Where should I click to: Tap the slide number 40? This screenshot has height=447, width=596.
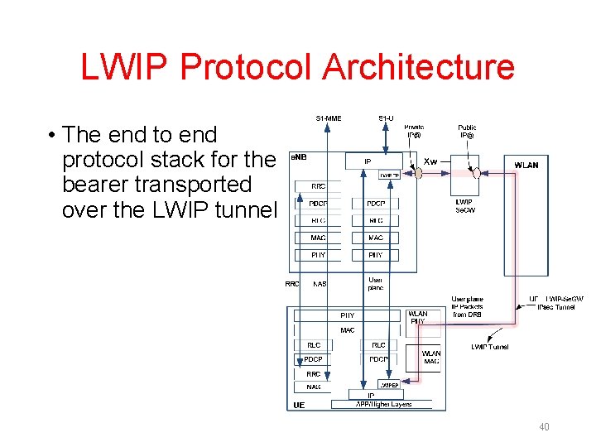(544, 427)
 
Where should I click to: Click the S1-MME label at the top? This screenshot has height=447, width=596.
(329, 118)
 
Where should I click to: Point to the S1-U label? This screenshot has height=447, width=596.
(386, 118)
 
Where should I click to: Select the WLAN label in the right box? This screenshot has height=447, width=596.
(526, 165)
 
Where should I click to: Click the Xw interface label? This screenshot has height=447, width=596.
(430, 161)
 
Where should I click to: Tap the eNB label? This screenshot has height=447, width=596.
(298, 156)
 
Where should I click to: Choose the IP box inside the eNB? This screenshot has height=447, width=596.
(368, 161)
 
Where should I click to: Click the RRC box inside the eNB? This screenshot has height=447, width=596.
(318, 186)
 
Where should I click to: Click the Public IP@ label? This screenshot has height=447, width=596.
(468, 131)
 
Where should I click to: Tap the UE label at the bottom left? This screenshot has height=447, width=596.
(299, 405)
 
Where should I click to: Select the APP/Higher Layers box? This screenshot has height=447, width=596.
(382, 405)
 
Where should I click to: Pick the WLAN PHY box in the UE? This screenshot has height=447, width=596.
(419, 318)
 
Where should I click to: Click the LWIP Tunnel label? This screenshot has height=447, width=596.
(490, 347)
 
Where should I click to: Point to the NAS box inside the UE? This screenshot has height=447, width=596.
(314, 387)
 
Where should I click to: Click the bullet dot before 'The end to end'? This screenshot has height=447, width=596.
(51, 135)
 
